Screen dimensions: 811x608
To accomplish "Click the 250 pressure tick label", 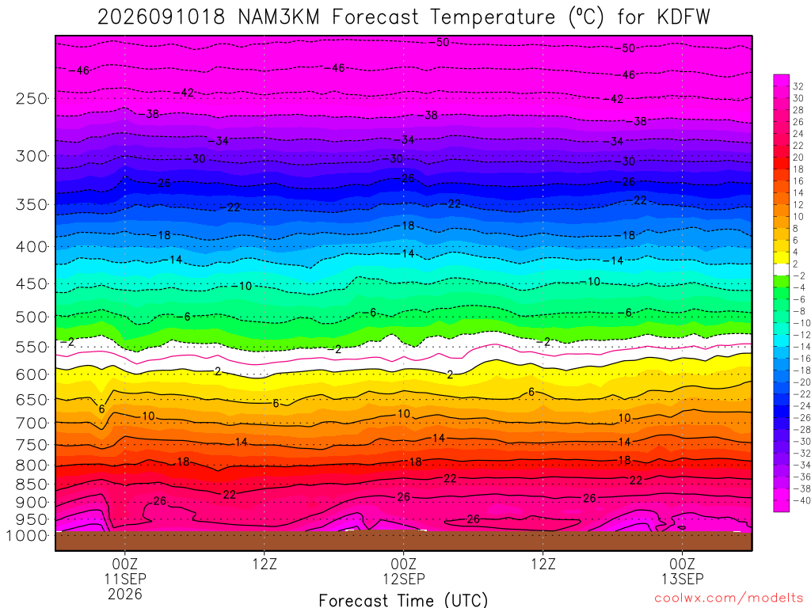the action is tap(32, 98).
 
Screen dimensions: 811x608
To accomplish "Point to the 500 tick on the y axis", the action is tap(32, 317).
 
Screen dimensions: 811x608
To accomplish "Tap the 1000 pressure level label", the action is tap(27, 536).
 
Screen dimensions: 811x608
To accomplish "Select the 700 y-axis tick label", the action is tap(32, 423).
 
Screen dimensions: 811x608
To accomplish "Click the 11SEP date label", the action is tap(125, 579).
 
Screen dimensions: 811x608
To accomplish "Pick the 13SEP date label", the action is tap(682, 579).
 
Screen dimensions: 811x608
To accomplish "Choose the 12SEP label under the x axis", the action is tap(403, 579).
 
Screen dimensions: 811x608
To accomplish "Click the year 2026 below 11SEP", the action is tap(125, 594).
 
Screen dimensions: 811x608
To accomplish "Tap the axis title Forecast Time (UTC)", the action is tap(403, 600).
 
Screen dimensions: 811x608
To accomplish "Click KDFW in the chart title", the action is tap(684, 17).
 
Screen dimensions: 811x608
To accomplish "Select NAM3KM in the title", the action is tap(279, 17).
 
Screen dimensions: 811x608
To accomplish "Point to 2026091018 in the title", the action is tap(162, 17).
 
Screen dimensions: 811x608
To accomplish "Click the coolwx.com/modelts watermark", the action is tap(729, 598).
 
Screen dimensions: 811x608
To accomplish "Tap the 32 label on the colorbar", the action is tap(798, 86).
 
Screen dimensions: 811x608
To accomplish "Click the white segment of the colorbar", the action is tap(781, 269).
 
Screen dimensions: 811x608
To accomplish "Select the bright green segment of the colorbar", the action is tap(781, 281).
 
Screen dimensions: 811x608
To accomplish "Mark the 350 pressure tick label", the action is tap(32, 205).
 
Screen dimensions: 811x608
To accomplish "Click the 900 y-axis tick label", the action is tap(32, 502).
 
